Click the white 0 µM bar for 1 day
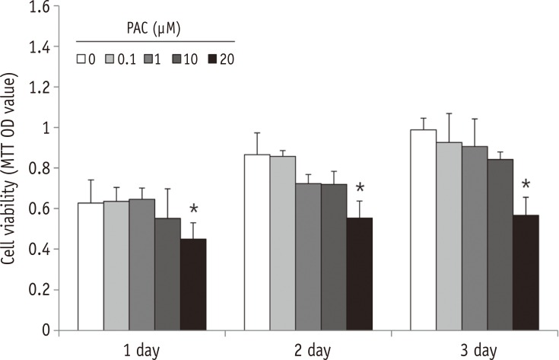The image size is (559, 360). [91, 266]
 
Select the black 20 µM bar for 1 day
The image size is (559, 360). [193, 285]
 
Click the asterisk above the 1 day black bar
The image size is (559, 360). [194, 210]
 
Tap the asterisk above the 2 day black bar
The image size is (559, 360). [360, 188]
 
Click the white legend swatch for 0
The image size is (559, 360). [81, 57]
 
